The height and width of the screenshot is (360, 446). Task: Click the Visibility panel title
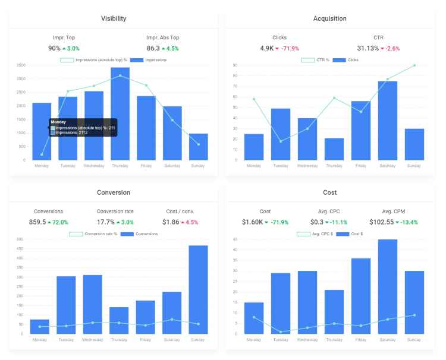click(114, 18)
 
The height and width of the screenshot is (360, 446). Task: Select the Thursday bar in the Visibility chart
click(120, 113)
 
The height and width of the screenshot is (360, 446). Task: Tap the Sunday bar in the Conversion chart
click(198, 289)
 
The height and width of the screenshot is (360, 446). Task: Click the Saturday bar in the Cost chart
click(388, 287)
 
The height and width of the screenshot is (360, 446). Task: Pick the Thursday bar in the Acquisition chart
click(334, 149)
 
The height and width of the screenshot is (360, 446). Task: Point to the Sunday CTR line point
click(414, 65)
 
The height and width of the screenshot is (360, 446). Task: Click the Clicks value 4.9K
click(267, 48)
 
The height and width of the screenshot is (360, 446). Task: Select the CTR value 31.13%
click(368, 48)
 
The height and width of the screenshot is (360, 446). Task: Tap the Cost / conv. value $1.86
click(171, 222)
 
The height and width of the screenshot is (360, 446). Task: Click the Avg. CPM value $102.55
click(381, 222)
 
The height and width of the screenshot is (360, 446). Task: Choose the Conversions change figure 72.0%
click(60, 222)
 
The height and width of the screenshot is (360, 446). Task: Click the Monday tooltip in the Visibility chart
click(83, 127)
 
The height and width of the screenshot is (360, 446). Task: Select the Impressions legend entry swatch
click(137, 60)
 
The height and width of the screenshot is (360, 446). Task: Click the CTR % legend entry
click(315, 60)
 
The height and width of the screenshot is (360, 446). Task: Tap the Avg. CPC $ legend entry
click(315, 234)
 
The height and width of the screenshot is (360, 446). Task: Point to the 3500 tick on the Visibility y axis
click(21, 65)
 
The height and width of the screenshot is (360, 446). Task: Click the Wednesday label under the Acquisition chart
click(307, 166)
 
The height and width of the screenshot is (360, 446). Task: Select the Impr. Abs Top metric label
click(163, 37)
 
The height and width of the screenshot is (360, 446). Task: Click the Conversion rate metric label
click(115, 211)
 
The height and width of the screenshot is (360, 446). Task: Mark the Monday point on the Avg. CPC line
click(254, 317)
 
